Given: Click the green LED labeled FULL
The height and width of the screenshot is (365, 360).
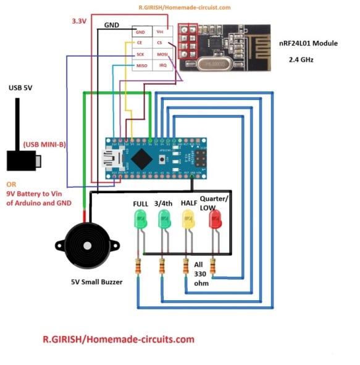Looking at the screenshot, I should point(140,219).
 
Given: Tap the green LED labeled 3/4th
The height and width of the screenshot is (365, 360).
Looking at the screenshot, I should point(164,219).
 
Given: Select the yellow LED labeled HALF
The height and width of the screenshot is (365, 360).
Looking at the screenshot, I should point(188,219).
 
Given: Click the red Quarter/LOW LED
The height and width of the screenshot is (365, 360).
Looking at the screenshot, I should point(215,220).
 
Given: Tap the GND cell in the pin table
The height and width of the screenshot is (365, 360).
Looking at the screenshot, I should point(141,31).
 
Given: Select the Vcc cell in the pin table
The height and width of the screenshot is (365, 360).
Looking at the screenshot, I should point(161,31).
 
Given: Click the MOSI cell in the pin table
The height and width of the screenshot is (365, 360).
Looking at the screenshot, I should point(162,54).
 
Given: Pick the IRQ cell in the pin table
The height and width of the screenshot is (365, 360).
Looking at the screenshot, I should point(162,65).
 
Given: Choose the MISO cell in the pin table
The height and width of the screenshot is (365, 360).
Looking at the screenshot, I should point(141,65).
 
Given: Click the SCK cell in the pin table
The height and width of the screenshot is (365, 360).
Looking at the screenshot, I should point(141,54).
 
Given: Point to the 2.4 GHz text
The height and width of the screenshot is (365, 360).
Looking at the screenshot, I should point(304,61).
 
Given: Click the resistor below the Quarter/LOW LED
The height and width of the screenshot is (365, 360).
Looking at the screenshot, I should point(213,267).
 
